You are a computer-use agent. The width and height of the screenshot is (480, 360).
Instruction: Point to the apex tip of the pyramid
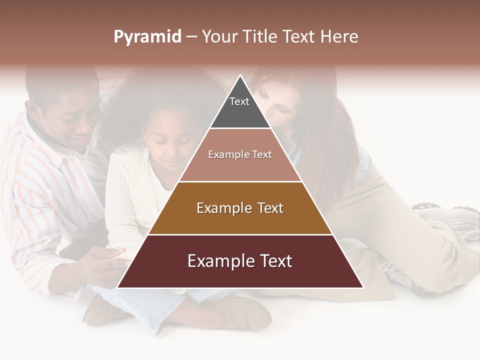[x=240, y=75]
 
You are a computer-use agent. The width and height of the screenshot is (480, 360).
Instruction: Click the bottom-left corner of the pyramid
[x=118, y=287]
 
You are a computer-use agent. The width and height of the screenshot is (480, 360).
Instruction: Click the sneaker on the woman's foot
[x=450, y=220]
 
